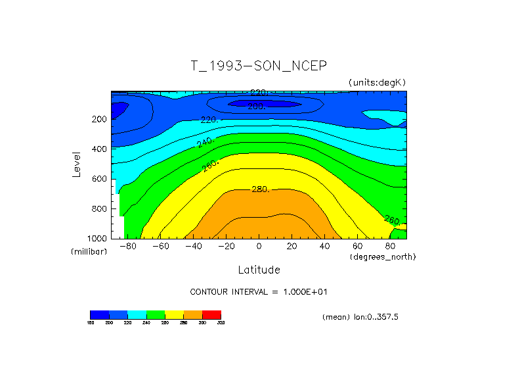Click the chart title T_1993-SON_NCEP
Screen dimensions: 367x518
click(258, 66)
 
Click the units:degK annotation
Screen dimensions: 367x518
click(378, 82)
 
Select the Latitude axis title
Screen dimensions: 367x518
click(259, 270)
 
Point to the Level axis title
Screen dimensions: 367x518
click(77, 164)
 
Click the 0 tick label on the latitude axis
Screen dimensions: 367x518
click(259, 246)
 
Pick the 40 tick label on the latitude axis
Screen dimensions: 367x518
click(324, 246)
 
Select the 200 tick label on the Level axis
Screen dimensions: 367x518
click(100, 120)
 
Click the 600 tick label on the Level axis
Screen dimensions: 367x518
click(100, 179)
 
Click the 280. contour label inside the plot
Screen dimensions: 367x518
click(260, 189)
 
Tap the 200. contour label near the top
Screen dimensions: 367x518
click(256, 106)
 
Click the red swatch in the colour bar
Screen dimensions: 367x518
click(211, 314)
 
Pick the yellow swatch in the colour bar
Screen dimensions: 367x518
click(174, 314)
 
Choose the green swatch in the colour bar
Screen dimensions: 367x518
click(156, 314)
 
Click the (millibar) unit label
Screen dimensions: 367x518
click(88, 252)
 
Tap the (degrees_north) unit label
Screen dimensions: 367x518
click(383, 257)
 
